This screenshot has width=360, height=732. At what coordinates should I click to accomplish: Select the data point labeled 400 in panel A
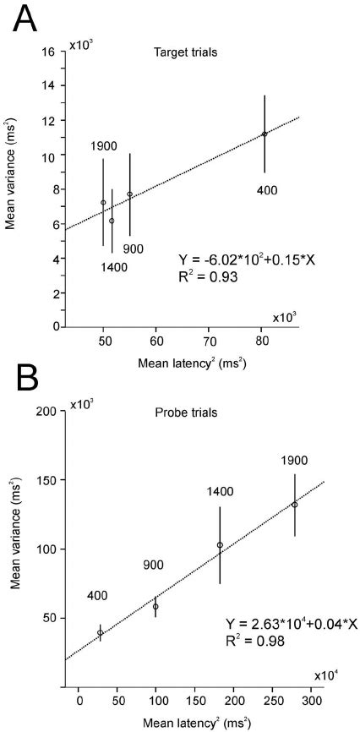pyautogui.click(x=265, y=134)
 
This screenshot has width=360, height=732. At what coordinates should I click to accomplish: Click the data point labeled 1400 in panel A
pyautogui.click(x=112, y=221)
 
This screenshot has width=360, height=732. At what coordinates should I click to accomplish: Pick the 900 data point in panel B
pyautogui.click(x=155, y=606)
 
